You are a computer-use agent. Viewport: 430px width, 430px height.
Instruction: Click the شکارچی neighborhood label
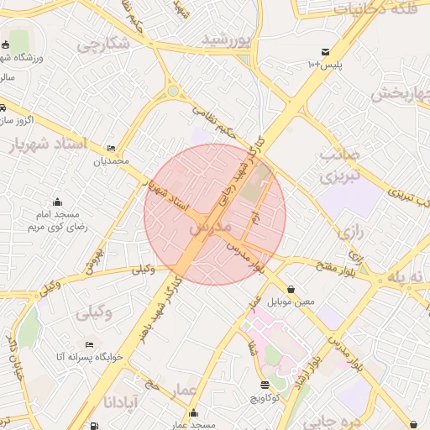[102, 45]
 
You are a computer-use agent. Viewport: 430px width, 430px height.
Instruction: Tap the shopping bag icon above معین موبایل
[291, 288]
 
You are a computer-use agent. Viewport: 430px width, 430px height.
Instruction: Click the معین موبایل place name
[291, 301]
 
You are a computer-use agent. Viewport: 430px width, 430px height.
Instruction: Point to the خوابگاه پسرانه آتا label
[90, 357]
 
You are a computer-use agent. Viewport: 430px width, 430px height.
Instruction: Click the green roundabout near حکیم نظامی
[173, 91]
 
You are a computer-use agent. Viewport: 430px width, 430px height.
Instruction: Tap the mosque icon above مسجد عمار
[195, 412]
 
